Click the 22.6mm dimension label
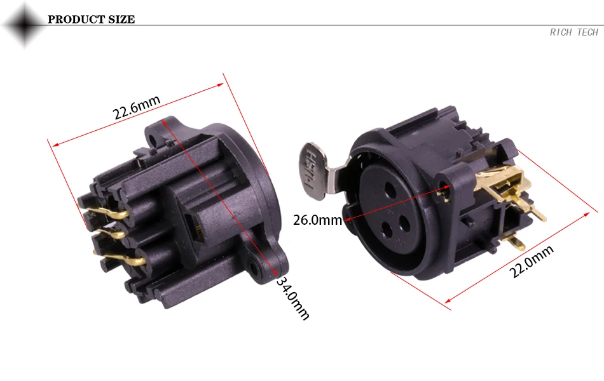pos(136,107)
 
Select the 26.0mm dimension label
pos(317,220)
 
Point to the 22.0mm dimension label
pos(532,262)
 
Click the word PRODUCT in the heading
pos(76,19)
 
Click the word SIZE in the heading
pos(121,19)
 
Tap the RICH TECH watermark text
pos(574,32)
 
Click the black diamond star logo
pos(24,25)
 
